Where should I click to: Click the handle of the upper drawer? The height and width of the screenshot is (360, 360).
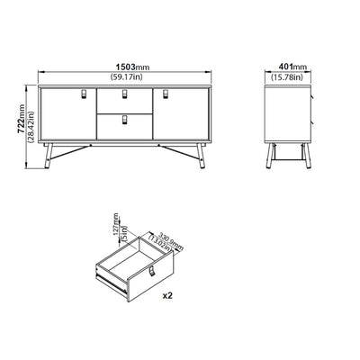click(x=124, y=94)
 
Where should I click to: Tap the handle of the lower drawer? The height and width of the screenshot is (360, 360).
click(x=124, y=119)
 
